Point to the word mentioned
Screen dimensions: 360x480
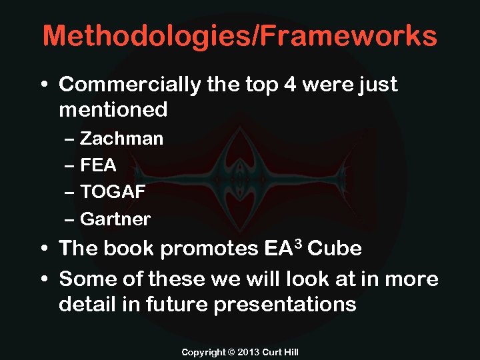113,109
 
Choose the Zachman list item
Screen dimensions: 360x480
121,139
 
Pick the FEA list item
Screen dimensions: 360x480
98,165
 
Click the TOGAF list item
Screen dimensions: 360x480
113,192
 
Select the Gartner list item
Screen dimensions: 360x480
115,219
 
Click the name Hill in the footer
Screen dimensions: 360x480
290,351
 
